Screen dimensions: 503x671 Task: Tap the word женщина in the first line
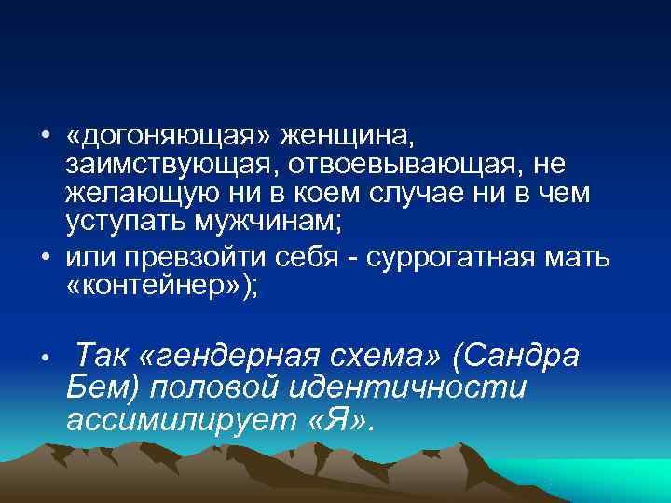[348, 138]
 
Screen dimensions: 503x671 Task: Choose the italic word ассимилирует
[178, 420]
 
